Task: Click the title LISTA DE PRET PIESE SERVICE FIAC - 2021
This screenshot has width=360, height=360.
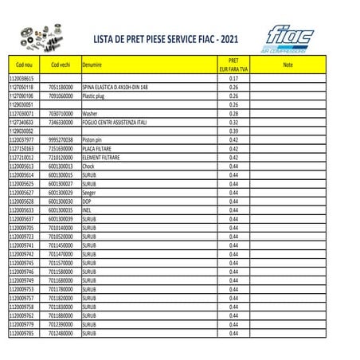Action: pos(163,37)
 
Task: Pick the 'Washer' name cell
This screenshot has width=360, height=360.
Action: pos(89,113)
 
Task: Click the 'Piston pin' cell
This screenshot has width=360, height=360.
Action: pos(93,139)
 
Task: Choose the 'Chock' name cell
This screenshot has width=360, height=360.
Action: pos(88,166)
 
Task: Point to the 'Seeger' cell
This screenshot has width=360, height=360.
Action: pos(89,192)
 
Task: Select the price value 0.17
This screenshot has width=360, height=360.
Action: pos(234,79)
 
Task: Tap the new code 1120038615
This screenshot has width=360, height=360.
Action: pos(23,79)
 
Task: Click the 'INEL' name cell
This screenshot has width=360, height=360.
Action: pos(86,209)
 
